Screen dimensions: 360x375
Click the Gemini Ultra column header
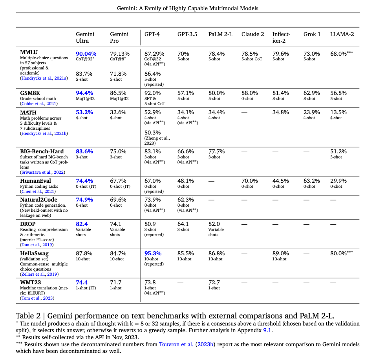click(x=85, y=37)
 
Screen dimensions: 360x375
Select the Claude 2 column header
click(x=252, y=34)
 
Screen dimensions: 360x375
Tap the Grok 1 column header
click(x=312, y=34)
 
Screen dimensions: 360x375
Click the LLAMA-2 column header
click(x=342, y=34)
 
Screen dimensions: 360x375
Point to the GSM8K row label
click(x=30, y=93)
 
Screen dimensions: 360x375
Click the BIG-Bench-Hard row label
click(x=42, y=151)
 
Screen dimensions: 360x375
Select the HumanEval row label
click(x=35, y=180)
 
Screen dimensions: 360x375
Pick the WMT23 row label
click(x=31, y=282)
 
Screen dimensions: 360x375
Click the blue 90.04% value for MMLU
click(x=86, y=53)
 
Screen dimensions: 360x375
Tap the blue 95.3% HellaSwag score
click(x=153, y=253)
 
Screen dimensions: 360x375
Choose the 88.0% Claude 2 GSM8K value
click(x=249, y=93)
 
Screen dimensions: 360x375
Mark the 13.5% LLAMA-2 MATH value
click(x=338, y=112)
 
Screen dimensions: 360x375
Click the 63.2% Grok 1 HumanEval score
click(x=311, y=181)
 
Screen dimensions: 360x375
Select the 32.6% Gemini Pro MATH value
click(x=118, y=112)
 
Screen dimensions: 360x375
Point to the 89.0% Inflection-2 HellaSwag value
click(x=280, y=253)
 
